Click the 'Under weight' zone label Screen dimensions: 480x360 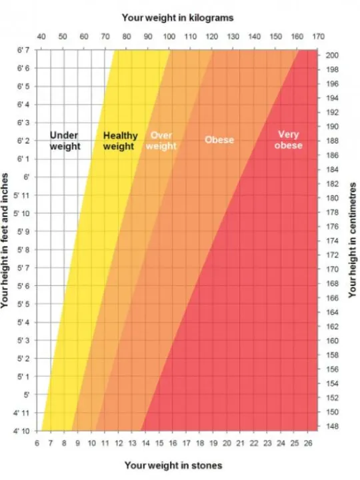point(65,141)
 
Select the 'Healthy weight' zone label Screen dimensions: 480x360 point(120,141)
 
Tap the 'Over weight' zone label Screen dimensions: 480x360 point(161,141)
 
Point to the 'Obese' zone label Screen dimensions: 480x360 point(219,140)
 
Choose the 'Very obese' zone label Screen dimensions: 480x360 point(288,140)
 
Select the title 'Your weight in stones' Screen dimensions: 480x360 point(173,464)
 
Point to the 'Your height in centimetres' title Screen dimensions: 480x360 point(353,241)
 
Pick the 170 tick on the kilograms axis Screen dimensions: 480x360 point(318,37)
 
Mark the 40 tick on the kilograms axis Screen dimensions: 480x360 point(41,37)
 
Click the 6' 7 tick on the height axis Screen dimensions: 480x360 point(23,51)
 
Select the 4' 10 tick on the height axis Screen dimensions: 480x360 point(21,431)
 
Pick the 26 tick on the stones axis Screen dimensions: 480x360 point(309,443)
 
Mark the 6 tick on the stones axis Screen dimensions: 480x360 point(37,443)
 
